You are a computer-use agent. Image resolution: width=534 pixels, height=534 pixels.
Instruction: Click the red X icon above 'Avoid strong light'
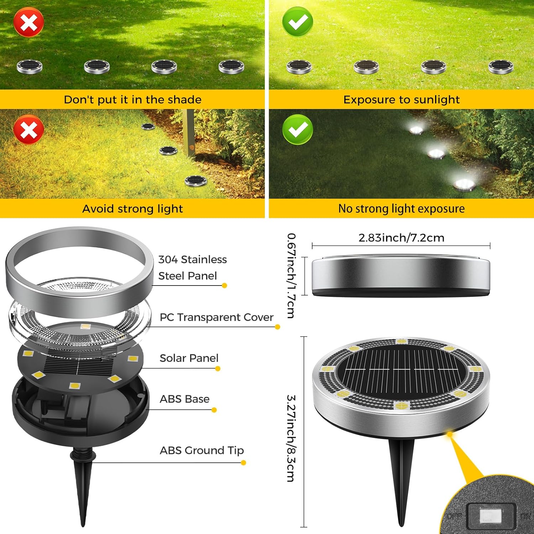coord(29,129)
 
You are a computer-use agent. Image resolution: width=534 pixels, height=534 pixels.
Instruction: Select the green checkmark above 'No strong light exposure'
coord(298,129)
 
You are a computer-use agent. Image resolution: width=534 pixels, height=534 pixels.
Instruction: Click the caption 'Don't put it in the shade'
coord(132,100)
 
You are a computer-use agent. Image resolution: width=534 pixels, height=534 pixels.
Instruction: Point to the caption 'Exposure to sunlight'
coord(401,100)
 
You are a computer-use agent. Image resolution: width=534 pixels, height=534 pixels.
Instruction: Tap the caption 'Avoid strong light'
coord(132,209)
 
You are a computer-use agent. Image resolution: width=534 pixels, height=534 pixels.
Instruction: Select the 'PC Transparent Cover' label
coord(216,317)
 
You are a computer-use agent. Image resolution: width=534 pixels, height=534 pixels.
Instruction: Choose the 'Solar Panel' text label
coord(189,358)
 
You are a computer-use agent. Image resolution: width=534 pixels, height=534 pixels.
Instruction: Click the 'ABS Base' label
coord(184,399)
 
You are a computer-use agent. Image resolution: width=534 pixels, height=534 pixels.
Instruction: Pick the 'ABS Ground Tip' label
coord(201,450)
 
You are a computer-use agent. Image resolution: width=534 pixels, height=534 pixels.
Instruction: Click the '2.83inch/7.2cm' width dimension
coord(401,238)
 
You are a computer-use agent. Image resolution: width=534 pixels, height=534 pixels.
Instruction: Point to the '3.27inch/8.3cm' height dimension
coord(291,438)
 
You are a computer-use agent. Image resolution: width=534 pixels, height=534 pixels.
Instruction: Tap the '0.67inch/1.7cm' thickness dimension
coord(291,275)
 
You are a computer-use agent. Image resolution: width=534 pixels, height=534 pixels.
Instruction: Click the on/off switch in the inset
coord(491,515)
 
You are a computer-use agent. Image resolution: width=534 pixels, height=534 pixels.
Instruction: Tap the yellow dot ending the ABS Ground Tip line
coord(244,463)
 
